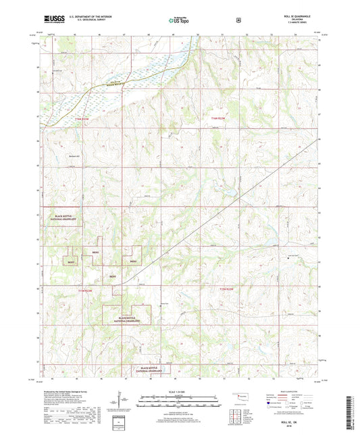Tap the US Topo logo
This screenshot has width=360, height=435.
click(179, 20)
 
